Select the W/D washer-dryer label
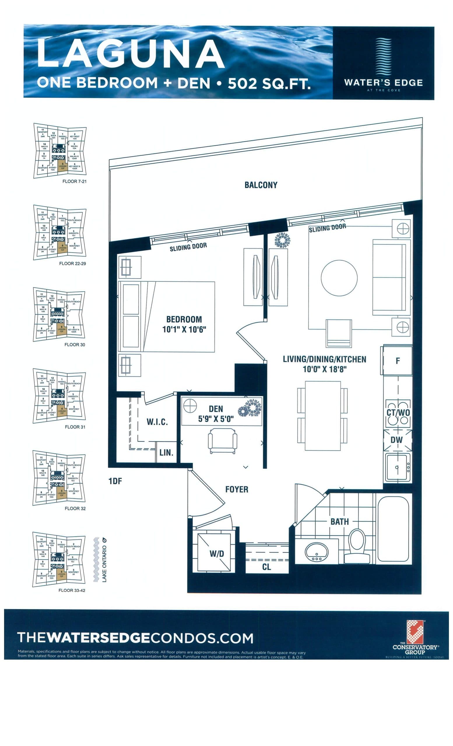click(x=217, y=553)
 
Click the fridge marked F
click(x=398, y=360)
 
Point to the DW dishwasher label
click(x=396, y=440)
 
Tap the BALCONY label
click(x=261, y=185)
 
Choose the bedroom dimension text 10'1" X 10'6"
click(x=184, y=329)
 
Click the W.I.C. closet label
click(x=157, y=422)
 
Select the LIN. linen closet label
click(x=166, y=453)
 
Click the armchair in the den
click(x=222, y=441)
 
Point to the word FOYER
click(x=236, y=489)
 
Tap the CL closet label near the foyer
click(x=266, y=567)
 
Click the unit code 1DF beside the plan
click(x=115, y=481)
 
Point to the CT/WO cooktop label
click(x=398, y=412)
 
